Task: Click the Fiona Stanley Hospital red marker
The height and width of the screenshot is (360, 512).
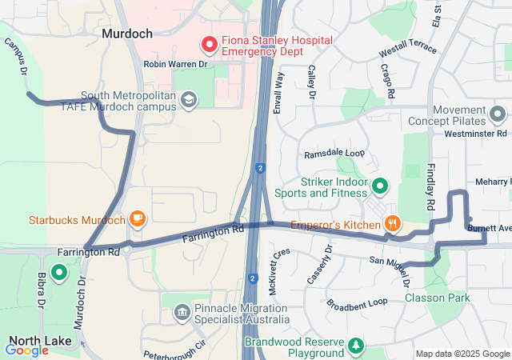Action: pos(210,45)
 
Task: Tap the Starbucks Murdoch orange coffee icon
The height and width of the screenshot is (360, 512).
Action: pos(137,218)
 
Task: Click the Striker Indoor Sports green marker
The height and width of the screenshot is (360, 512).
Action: pos(379,187)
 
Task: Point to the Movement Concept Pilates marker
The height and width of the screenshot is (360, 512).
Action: pos(498,115)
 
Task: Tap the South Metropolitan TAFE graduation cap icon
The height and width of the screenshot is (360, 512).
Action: pos(188,99)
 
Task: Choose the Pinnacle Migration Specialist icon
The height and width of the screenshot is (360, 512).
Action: pos(182,310)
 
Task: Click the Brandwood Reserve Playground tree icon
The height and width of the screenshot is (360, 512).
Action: pos(354,346)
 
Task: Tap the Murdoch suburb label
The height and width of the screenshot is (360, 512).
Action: pos(127,34)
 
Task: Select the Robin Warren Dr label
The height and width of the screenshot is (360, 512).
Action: pos(175,64)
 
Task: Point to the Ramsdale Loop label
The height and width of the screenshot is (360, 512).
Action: pos(334,154)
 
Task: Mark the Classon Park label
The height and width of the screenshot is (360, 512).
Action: pos(437,298)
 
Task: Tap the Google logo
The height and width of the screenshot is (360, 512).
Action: pos(26,350)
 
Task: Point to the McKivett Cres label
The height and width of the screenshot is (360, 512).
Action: pos(279,272)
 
